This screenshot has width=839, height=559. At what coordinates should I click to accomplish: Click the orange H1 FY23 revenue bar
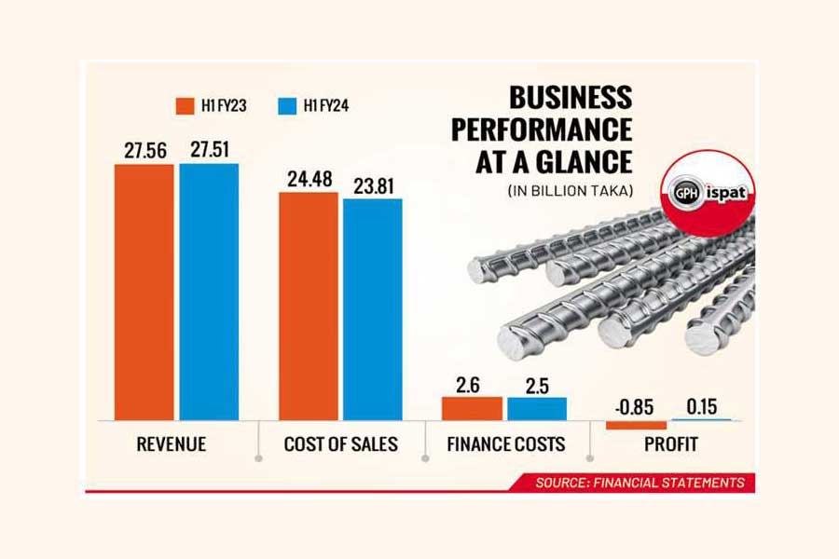[144, 292]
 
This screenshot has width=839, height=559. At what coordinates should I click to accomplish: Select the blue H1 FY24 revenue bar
[209, 292]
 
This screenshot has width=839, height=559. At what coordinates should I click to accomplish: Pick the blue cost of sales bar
[372, 308]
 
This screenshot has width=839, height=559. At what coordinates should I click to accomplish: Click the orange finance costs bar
[472, 408]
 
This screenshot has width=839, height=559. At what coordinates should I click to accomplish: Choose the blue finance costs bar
[536, 409]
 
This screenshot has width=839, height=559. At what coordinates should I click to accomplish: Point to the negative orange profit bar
[636, 425]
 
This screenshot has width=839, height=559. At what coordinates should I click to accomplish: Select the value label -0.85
[636, 406]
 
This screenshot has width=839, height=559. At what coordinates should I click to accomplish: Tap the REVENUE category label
[172, 444]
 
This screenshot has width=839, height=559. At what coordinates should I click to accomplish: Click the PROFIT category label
[670, 444]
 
